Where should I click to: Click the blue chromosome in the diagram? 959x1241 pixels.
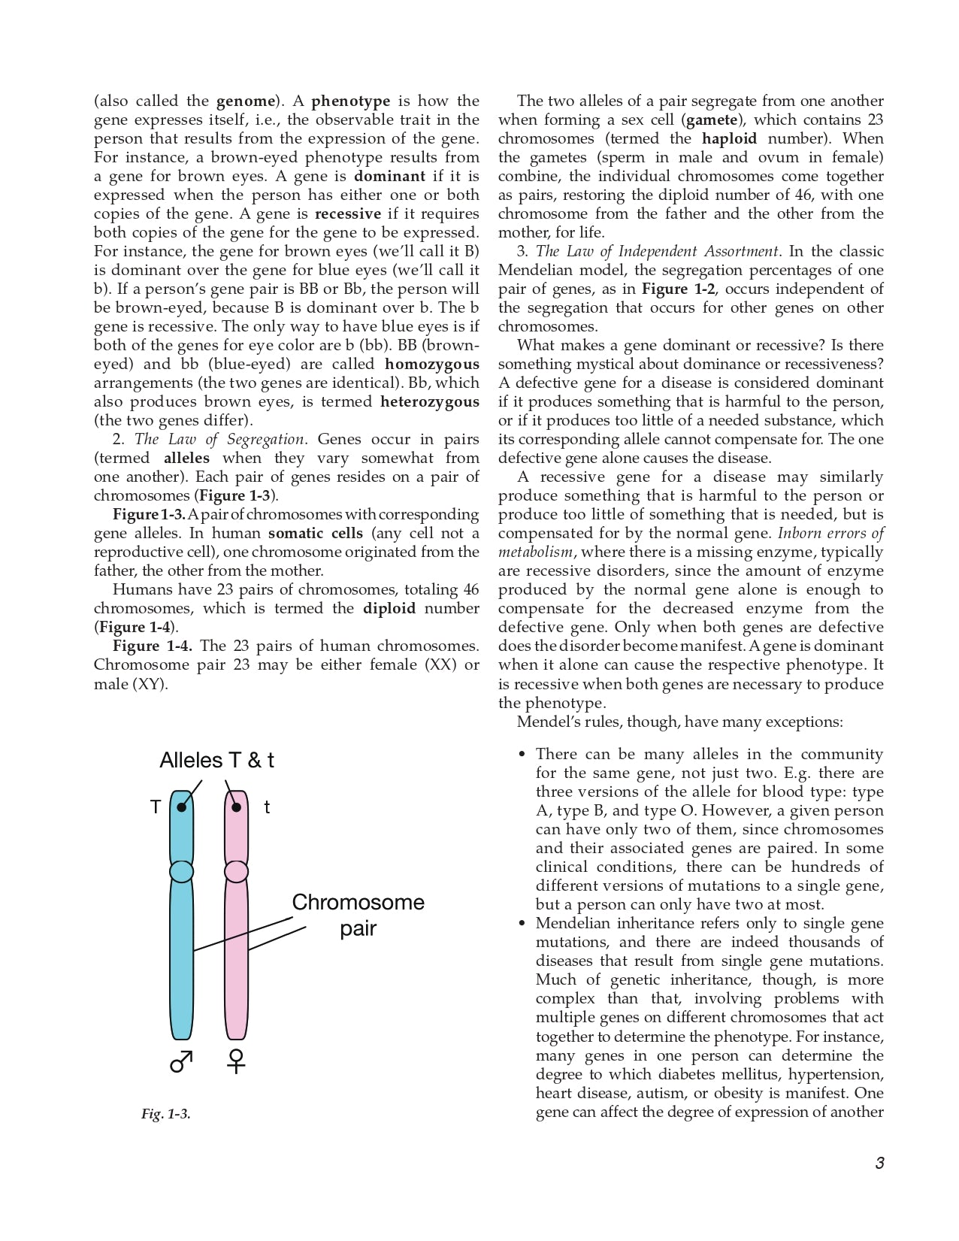(x=182, y=962)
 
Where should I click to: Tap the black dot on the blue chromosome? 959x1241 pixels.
(x=182, y=807)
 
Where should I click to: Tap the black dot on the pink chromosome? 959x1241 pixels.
(x=237, y=807)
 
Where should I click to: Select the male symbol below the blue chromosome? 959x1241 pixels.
(x=181, y=1061)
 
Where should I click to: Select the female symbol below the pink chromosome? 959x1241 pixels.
(x=236, y=1061)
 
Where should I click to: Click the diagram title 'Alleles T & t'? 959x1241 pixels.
(x=216, y=761)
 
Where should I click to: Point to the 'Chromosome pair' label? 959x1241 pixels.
(x=358, y=915)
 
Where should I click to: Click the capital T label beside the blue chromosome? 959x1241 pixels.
(x=156, y=807)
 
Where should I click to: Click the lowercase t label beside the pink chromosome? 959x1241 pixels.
(x=267, y=807)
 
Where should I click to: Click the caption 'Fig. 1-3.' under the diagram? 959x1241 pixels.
(x=166, y=1114)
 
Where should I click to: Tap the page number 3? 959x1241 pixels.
(x=879, y=1163)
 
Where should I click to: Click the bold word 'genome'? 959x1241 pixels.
(x=246, y=101)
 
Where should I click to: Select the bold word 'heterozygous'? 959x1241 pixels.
(x=429, y=401)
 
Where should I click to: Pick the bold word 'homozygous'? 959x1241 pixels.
(x=431, y=364)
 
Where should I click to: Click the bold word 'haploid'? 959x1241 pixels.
(x=729, y=138)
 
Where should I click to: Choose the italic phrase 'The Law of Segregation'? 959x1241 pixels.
(x=219, y=439)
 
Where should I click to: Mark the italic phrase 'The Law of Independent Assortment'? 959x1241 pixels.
(x=657, y=251)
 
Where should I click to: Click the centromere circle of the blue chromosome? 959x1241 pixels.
(x=182, y=871)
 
